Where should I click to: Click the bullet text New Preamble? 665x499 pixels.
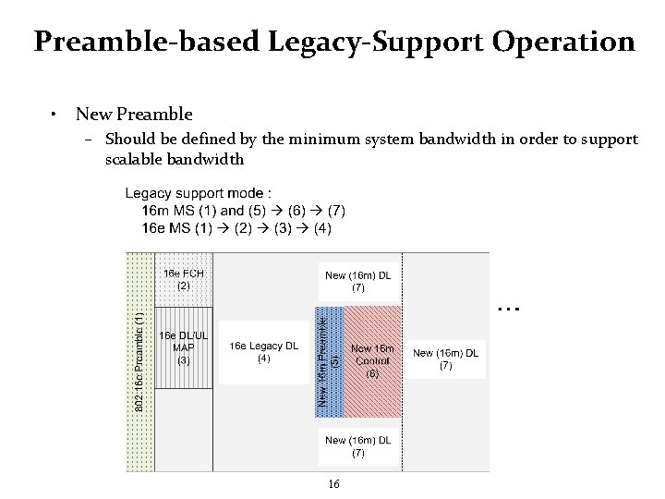click(134, 115)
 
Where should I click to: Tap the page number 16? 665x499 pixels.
click(333, 484)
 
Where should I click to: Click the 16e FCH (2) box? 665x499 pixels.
click(183, 279)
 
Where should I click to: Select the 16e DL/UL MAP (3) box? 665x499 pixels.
click(183, 347)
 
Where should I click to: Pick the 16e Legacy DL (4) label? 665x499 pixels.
click(263, 352)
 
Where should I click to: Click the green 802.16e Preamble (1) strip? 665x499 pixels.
click(139, 361)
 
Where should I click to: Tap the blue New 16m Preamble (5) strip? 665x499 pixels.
click(330, 359)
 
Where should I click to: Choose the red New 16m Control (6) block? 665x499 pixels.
click(372, 361)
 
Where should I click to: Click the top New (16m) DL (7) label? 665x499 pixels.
click(357, 281)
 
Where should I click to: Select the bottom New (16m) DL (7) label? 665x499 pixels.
click(357, 446)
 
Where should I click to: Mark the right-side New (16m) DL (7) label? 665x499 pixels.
click(445, 359)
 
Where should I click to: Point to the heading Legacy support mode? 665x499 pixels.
click(198, 193)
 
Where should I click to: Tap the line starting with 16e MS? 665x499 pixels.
click(236, 227)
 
